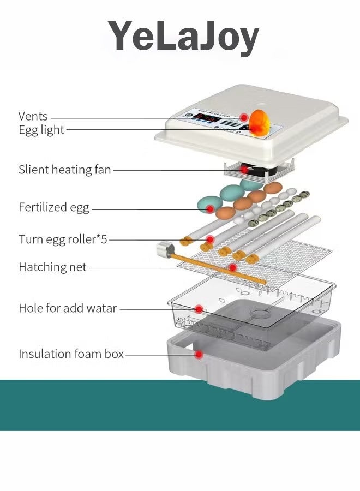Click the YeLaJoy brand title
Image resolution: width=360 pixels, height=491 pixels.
click(183, 37)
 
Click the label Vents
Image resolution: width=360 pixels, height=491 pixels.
click(33, 116)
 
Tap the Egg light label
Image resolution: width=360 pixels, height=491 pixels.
click(41, 130)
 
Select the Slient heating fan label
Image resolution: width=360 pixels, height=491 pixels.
click(65, 170)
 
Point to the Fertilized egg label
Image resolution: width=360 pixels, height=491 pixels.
click(54, 207)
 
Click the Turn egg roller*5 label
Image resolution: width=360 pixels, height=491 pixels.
click(63, 239)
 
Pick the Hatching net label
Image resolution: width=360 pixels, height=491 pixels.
click(52, 267)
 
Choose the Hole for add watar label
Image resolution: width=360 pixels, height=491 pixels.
click(68, 308)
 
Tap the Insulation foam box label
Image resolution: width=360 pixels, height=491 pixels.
click(71, 354)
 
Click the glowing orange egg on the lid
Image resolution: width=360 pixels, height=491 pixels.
click(259, 122)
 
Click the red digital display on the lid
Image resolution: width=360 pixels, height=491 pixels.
click(206, 118)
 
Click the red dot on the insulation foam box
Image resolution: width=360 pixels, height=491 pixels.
click(200, 355)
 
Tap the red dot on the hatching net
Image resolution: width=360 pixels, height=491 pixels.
click(233, 267)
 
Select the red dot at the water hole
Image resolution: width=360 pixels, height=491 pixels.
click(199, 309)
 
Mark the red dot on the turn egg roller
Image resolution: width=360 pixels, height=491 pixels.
click(210, 239)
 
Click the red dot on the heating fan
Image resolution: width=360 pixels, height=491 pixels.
click(244, 169)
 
